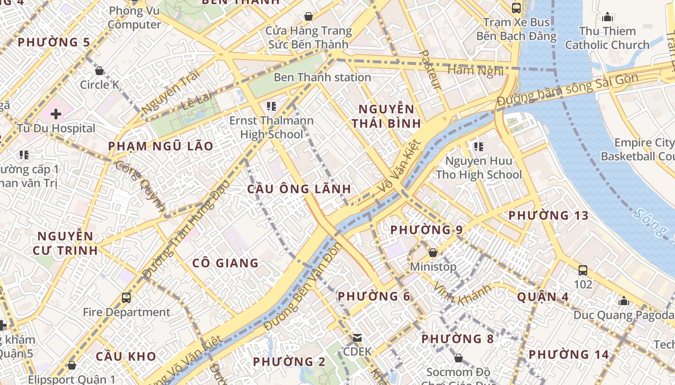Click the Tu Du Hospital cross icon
tap(56, 114)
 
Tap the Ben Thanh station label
tap(322, 77)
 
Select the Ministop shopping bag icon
tap(432, 253)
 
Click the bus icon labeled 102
tap(583, 270)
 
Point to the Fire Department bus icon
tap(126, 297)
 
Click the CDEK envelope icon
tap(357, 338)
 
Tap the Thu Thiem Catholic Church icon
tap(607, 17)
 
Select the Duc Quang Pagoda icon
tap(624, 301)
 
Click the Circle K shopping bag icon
tap(99, 71)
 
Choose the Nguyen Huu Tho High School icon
tap(478, 146)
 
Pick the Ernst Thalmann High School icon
tap(271, 106)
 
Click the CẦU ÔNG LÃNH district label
tap(299, 189)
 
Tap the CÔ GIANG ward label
tap(225, 263)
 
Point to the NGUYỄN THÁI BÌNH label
tap(386, 116)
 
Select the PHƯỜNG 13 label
tap(548, 216)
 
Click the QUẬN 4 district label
tap(543, 297)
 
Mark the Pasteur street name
tap(431, 70)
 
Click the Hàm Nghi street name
tap(475, 71)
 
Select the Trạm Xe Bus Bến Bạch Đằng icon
tap(516, 8)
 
